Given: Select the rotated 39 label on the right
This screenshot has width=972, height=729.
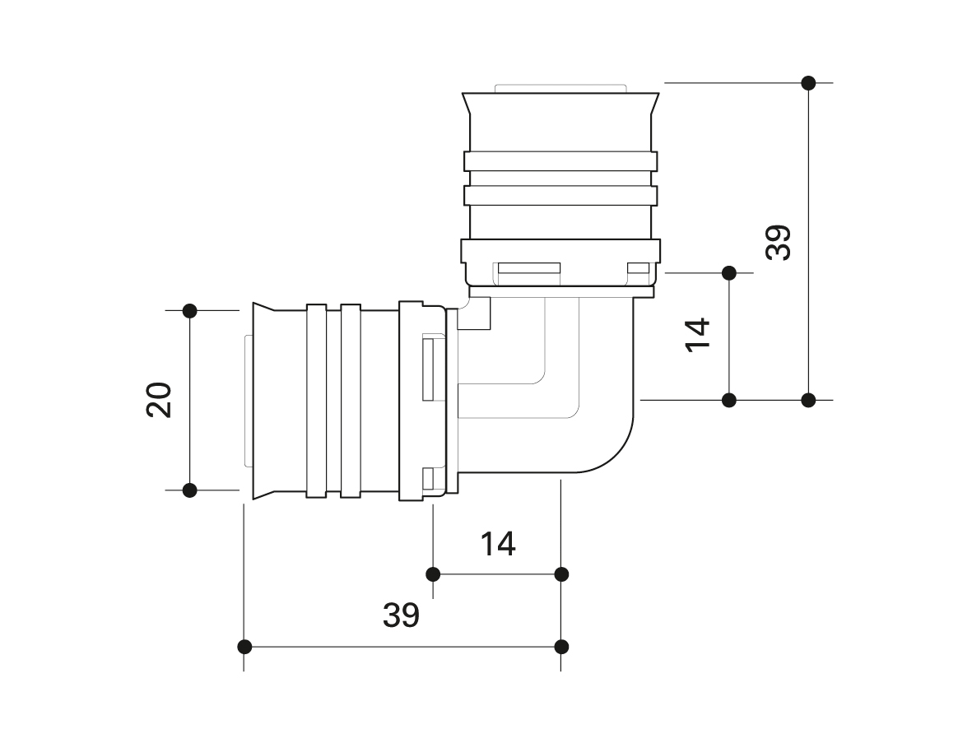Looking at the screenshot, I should (778, 242).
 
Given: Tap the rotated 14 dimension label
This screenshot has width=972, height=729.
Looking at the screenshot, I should (698, 335).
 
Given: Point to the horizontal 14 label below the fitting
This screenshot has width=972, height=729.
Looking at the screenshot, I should (498, 543).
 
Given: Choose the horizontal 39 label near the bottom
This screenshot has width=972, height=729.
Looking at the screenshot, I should (401, 615).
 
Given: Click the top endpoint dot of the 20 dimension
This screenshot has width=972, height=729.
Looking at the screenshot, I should (190, 310).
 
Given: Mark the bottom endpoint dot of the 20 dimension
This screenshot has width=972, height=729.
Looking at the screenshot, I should (190, 490).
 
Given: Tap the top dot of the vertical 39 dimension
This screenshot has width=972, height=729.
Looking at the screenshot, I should (808, 82).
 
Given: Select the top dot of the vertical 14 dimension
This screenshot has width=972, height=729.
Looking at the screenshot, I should (728, 272).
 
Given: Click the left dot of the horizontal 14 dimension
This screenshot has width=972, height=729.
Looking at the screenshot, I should (433, 573).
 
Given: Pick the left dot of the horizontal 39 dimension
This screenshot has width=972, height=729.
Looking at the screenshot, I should (244, 646).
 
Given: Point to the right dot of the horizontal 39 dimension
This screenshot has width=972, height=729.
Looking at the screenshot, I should (561, 646).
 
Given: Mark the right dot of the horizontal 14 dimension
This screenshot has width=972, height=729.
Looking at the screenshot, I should (561, 573).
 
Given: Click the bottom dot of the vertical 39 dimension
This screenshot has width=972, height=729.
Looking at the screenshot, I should (808, 400).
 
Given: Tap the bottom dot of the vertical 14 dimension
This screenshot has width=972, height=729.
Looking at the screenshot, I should (728, 400).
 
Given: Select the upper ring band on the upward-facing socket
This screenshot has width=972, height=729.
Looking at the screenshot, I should (560, 161).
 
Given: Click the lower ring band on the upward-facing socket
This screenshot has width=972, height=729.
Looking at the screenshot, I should (560, 196).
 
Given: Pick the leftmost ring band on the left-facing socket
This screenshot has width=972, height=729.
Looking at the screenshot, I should (317, 401).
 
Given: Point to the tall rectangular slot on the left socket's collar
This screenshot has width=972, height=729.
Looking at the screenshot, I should (429, 368).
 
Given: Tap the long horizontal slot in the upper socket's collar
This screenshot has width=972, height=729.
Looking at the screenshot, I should (528, 269).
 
